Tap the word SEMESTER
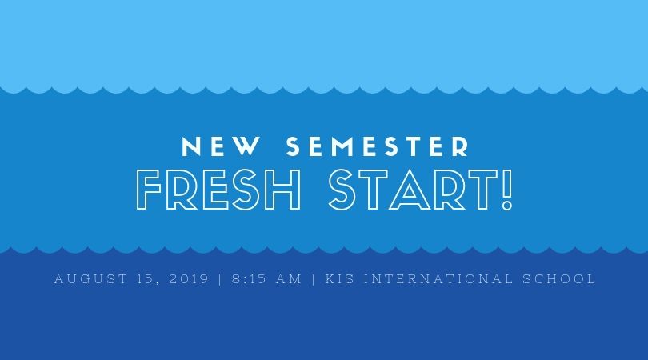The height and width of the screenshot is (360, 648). coord(378,146)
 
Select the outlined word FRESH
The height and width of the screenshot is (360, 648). coord(218,190)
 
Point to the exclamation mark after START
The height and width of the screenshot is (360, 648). coord(507,190)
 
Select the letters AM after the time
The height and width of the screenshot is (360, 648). coord(289,278)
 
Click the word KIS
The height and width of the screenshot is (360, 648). coord(340,278)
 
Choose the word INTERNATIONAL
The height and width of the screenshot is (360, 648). coord(438,278)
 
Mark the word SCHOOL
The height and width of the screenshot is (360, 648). coord(558,278)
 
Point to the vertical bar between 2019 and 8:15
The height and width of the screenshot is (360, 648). coord(220,279)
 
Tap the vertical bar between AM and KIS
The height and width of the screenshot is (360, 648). coord(314,279)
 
